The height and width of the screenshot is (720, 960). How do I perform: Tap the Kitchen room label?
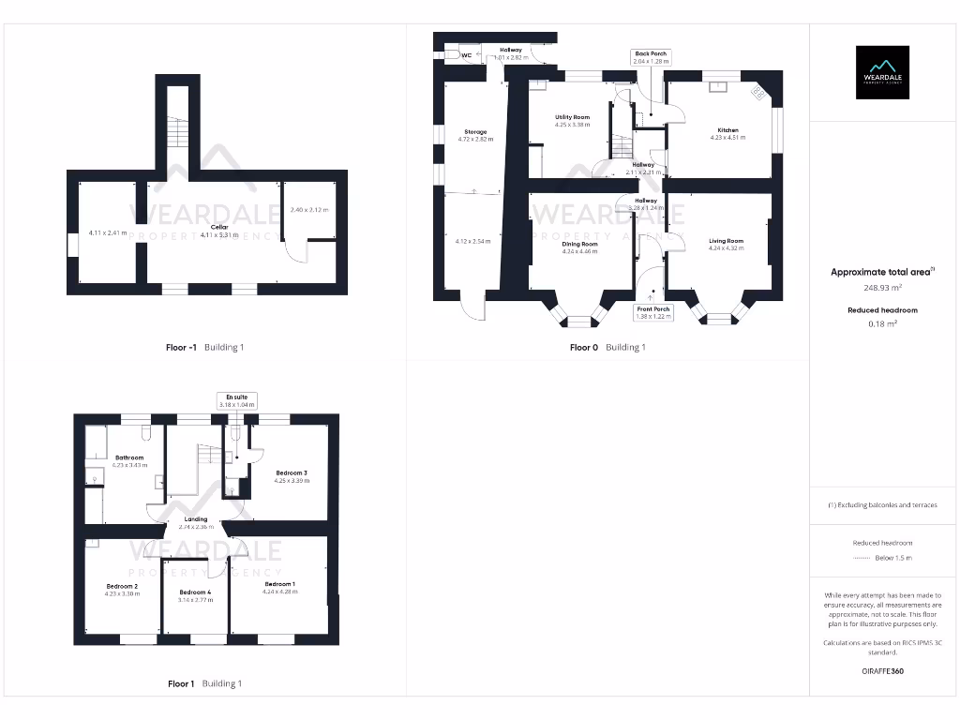(727, 130)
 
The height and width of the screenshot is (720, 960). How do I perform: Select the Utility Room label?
(572, 118)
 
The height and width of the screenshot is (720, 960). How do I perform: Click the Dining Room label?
(579, 244)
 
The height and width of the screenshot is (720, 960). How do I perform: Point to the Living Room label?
(726, 242)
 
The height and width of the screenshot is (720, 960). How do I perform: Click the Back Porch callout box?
(651, 57)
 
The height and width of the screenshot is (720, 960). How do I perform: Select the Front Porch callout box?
(653, 313)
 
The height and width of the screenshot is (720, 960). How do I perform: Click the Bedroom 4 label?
(195, 592)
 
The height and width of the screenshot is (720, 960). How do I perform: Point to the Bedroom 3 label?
(292, 472)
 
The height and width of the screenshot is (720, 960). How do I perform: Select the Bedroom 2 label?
(122, 587)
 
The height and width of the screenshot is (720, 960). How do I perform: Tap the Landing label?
(196, 519)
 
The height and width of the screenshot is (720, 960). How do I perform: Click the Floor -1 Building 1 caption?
(204, 347)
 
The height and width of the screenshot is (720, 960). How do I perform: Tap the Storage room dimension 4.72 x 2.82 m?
(475, 139)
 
